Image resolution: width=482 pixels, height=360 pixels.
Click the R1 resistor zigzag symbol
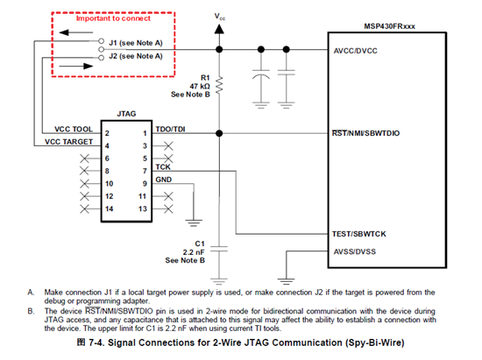219,85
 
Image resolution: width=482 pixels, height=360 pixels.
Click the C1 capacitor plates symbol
219,249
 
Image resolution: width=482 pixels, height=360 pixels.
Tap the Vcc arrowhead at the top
219,29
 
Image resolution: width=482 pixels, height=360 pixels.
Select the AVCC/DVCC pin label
355,51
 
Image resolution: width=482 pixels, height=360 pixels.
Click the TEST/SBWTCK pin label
358,234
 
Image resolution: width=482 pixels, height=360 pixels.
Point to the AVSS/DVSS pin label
355,252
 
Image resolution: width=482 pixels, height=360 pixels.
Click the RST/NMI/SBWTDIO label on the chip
365,133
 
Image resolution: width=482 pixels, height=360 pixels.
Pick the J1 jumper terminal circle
101,41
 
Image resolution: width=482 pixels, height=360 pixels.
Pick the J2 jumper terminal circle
101,58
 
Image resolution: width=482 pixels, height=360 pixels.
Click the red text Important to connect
113,18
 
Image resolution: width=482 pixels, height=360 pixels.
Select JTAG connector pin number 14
110,209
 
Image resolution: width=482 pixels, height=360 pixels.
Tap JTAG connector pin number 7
145,171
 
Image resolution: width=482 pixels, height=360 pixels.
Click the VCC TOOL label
74,130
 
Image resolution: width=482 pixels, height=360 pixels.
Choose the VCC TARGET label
68,142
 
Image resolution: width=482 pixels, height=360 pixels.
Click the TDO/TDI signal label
170,129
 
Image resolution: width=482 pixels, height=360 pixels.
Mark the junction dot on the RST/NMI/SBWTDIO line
219,133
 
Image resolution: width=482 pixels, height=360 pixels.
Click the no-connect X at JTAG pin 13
168,209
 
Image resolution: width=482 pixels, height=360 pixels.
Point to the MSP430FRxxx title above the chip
389,26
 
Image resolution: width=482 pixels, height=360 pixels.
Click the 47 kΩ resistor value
200,87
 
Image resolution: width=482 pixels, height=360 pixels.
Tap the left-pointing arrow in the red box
75,32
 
